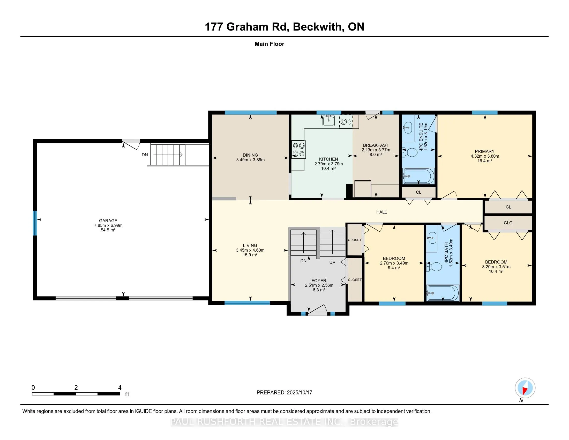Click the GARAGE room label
(x=108, y=221)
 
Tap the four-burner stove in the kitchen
(x=298, y=150)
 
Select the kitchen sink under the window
(x=328, y=120)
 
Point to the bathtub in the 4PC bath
(x=443, y=293)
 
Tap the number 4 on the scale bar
(x=120, y=388)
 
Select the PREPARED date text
(x=284, y=392)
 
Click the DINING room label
(x=250, y=155)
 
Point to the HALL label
(x=381, y=212)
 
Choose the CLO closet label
(x=508, y=223)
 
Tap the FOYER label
(x=319, y=281)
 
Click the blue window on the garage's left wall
(x=35, y=223)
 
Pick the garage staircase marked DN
(x=168, y=155)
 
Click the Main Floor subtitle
(x=269, y=44)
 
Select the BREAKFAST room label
(x=376, y=145)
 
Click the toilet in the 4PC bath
(x=434, y=267)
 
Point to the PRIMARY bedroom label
(x=485, y=151)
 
